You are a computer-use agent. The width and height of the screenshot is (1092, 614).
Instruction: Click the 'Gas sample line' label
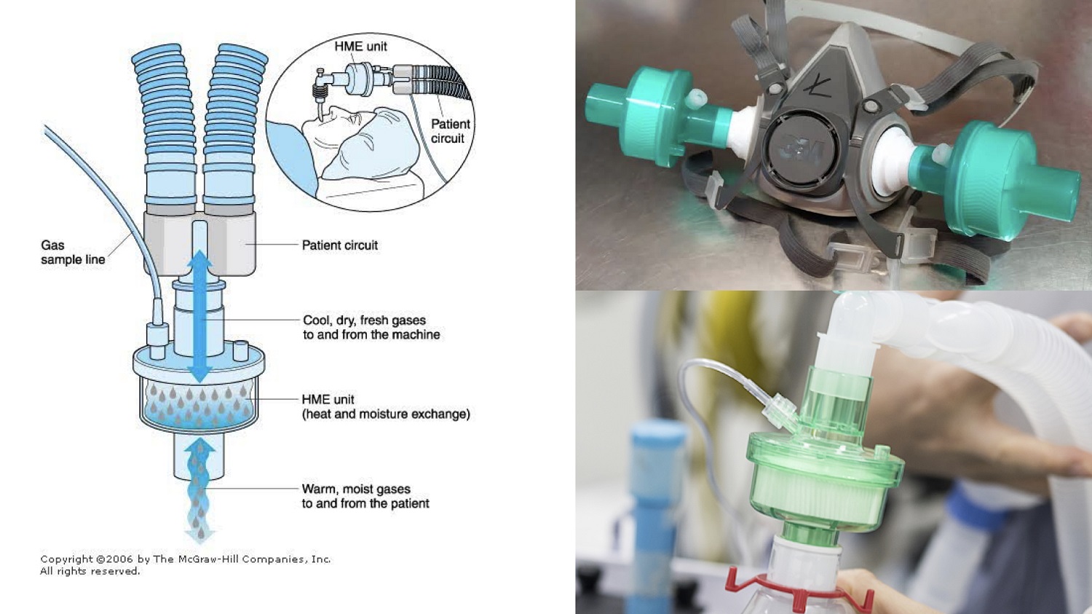(x=73, y=252)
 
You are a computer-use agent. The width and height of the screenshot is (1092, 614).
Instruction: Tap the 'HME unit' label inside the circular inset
(x=361, y=47)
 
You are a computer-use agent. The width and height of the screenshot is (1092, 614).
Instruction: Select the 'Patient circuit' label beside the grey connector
(x=340, y=245)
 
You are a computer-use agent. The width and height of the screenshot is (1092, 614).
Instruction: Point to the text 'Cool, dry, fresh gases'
(x=364, y=320)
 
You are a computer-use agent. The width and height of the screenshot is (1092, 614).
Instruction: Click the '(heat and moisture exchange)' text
(x=386, y=414)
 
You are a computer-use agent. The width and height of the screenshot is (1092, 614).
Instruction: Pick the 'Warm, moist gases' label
(x=356, y=489)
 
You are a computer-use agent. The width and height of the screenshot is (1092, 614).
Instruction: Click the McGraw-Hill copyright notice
(x=185, y=565)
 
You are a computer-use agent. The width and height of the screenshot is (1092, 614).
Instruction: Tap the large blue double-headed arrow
(x=200, y=318)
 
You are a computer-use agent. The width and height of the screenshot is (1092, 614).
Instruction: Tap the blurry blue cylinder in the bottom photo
(x=652, y=512)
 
